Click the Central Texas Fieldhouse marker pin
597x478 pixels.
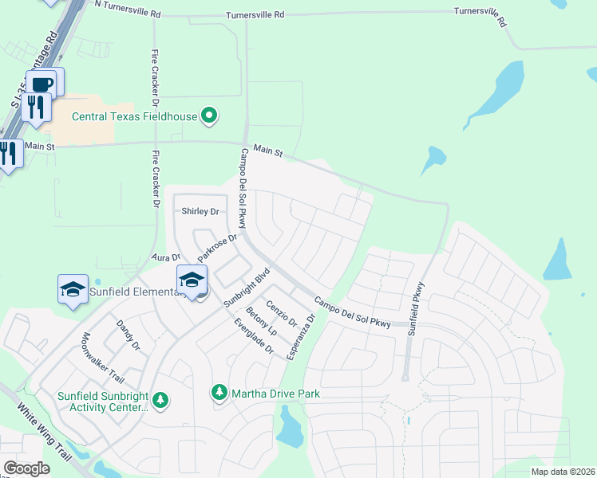pos(209,116)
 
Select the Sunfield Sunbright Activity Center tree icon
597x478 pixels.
pos(160,399)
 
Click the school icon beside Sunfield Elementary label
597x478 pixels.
pos(73,288)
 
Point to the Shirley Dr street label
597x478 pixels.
pos(200,211)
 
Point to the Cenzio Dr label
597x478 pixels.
pos(282,312)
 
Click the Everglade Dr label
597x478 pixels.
pos(253,337)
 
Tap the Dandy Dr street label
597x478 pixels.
pos(128,335)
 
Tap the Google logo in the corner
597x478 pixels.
pos(27,468)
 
